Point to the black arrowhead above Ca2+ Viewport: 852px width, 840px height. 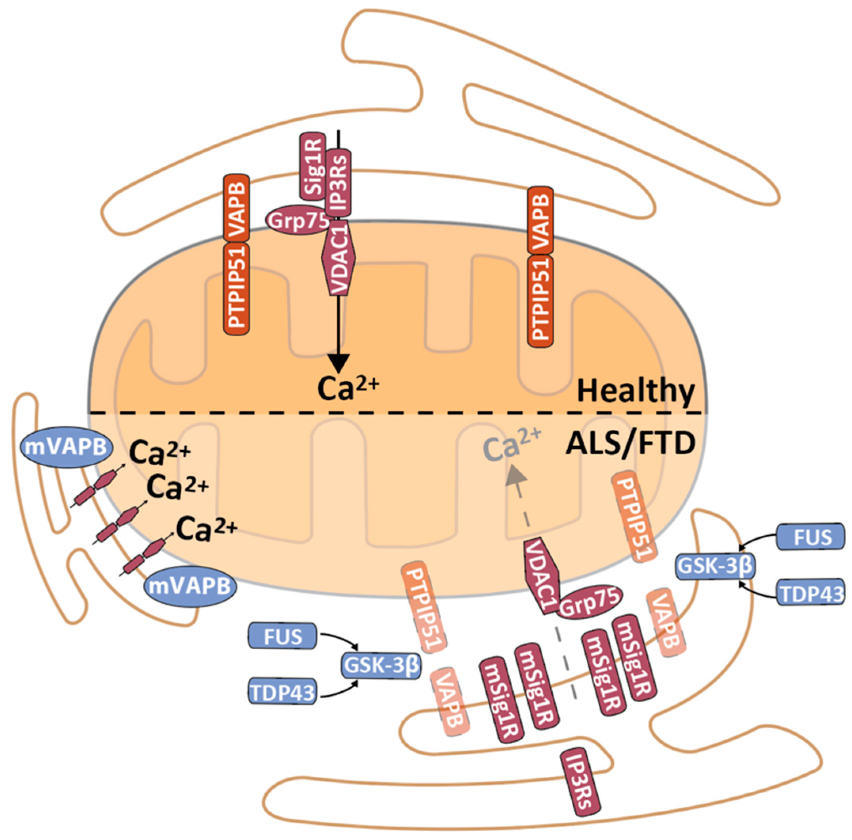(339, 364)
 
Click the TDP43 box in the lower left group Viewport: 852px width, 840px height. (283, 692)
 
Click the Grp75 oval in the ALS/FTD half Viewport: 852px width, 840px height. (590, 600)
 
